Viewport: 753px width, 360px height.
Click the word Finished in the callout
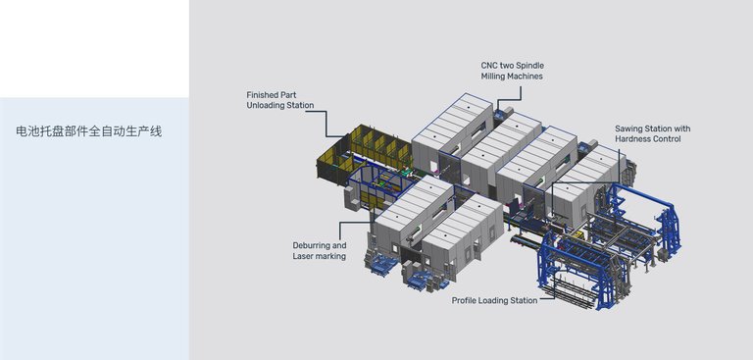tap(263, 95)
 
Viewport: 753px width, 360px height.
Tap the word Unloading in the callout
tap(267, 105)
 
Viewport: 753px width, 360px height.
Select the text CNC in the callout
tap(489, 66)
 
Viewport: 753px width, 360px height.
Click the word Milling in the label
tap(493, 76)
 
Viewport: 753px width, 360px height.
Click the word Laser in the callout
tap(304, 256)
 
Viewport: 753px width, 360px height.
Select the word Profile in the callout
tap(464, 300)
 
